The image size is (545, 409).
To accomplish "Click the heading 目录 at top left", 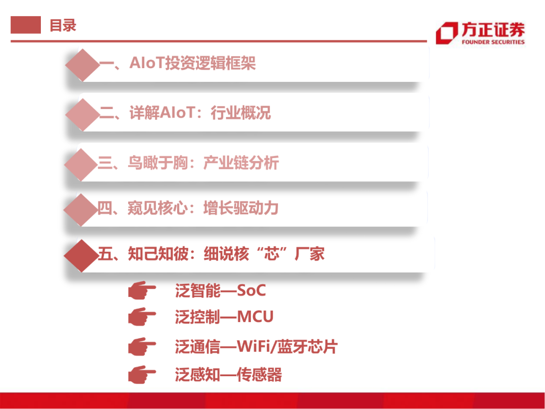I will pos(63,25).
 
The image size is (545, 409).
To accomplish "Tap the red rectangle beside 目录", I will pos(26,25).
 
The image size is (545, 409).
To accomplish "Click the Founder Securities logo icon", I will pos(446,33).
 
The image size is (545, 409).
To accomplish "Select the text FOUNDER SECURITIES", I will pos(493,42).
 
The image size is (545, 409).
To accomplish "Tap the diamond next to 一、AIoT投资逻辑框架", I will pos(82,65).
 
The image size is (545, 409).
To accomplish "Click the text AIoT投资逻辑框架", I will pos(193,63).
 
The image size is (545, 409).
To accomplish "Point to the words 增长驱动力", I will pos(241,208).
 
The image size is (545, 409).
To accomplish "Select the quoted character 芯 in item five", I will pos(272,254).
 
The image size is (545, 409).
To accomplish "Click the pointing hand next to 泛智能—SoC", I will pos(142,291).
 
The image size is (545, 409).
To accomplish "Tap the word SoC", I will pos(251,291).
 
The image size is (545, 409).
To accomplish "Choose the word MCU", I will pos(255,317).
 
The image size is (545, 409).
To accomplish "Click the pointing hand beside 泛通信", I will pos(142,347).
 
